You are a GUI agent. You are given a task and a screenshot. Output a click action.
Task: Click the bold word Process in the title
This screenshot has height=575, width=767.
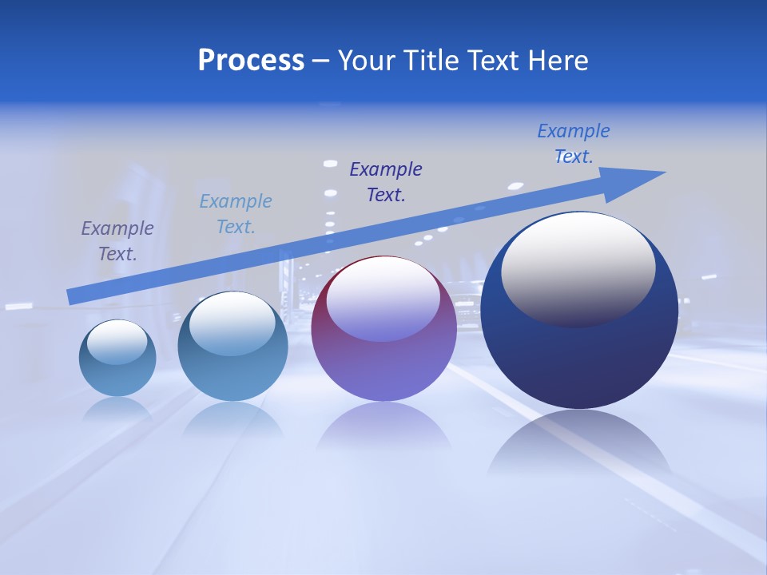pyautogui.click(x=251, y=61)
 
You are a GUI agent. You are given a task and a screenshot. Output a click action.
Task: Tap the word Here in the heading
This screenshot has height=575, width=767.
pyautogui.click(x=558, y=61)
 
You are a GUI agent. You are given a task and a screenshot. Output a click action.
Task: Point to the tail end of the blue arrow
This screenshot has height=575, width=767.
pyautogui.click(x=71, y=296)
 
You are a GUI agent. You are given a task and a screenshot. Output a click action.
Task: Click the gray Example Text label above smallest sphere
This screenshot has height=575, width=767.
pyautogui.click(x=117, y=241)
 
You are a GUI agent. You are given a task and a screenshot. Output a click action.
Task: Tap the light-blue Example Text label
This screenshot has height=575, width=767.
pyautogui.click(x=236, y=214)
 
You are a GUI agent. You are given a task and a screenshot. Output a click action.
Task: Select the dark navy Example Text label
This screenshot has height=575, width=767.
pyautogui.click(x=386, y=182)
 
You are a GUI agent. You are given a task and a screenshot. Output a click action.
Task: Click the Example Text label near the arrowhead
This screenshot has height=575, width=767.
pyautogui.click(x=574, y=143)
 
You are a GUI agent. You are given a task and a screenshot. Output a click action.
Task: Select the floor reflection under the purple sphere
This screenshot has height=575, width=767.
pyautogui.click(x=383, y=427)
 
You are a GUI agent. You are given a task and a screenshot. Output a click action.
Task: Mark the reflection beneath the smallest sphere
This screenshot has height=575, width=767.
pyautogui.click(x=117, y=409)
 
